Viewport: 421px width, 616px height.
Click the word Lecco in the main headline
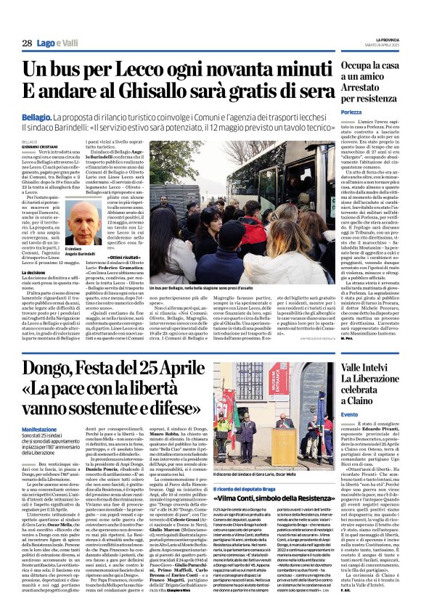point(162,71)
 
